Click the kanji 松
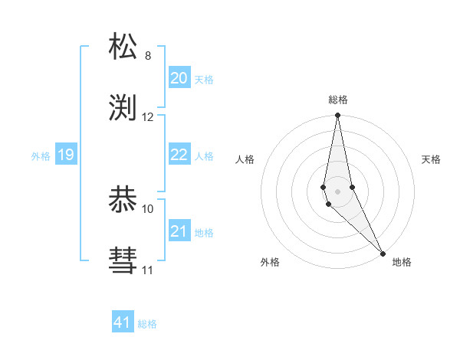click(123, 47)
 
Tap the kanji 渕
click(123, 108)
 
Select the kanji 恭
click(123, 200)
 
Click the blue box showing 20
click(179, 78)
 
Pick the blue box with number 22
click(179, 155)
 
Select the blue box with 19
click(65, 155)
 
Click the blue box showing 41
click(123, 322)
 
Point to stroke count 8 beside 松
click(147, 56)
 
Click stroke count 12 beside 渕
click(148, 117)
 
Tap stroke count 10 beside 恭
click(148, 208)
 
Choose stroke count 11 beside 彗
click(148, 270)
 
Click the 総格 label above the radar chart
click(338, 100)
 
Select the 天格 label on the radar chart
click(431, 159)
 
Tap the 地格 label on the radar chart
click(402, 262)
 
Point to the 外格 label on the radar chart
click(270, 262)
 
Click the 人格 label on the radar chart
click(245, 159)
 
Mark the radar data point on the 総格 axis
click(337, 116)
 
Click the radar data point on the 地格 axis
click(383, 252)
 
